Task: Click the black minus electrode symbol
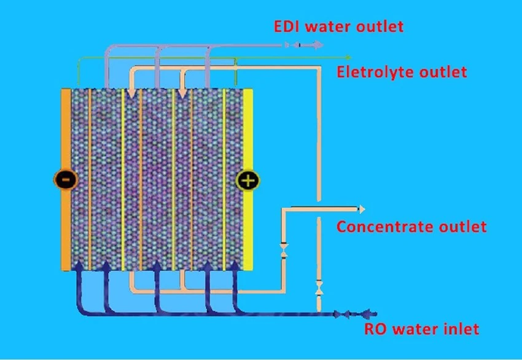click(x=66, y=180)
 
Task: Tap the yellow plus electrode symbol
click(x=247, y=181)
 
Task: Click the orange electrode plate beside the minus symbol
click(x=66, y=179)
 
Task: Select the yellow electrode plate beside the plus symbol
click(x=247, y=179)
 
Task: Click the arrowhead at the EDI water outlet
click(x=318, y=45)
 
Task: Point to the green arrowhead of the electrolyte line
click(x=348, y=58)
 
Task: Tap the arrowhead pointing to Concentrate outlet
click(x=362, y=209)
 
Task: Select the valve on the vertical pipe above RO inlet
click(x=319, y=288)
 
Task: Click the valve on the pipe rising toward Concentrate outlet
click(x=284, y=251)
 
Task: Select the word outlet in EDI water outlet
click(x=380, y=26)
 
